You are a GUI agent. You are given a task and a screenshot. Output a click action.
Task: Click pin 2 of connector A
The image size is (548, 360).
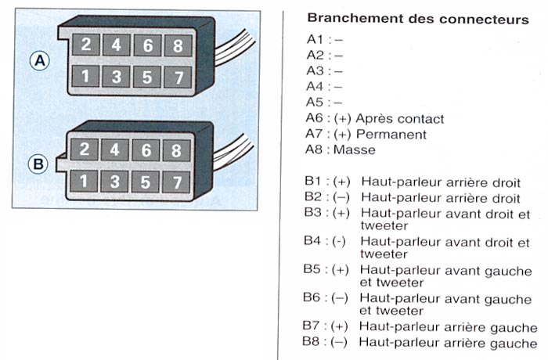(85, 45)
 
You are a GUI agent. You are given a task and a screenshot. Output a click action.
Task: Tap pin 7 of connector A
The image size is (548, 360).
(178, 77)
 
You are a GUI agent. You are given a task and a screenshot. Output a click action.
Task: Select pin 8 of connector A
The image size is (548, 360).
(178, 45)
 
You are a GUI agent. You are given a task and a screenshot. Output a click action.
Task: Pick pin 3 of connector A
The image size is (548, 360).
(116, 77)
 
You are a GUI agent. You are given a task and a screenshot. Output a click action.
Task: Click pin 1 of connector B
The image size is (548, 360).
(85, 182)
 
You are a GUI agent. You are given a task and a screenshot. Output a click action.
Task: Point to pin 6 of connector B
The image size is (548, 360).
(147, 150)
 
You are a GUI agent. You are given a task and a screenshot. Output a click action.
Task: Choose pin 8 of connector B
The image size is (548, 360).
(178, 150)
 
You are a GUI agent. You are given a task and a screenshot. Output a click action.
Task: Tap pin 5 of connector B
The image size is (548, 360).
(147, 182)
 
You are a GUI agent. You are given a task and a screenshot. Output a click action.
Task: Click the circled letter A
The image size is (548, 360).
(40, 61)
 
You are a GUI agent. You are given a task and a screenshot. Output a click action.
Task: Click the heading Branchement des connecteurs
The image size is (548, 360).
(418, 18)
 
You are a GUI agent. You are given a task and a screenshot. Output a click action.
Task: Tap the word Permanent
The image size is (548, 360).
(391, 135)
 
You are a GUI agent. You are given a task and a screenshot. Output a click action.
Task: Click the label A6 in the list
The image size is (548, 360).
(315, 119)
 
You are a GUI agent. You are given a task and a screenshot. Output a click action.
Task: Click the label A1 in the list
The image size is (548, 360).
(315, 39)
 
